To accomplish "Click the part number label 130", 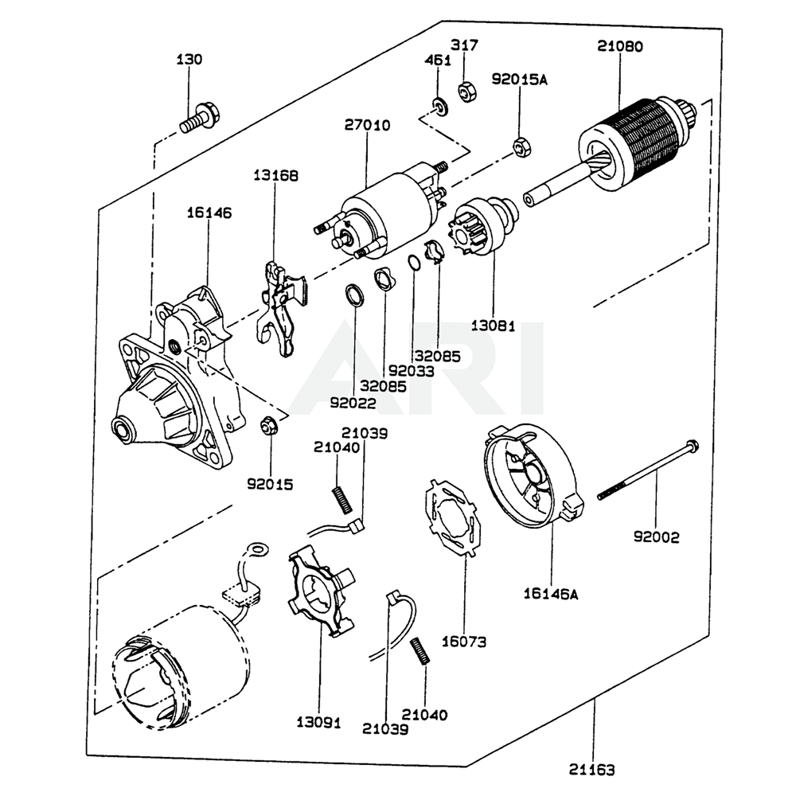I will pyautogui.click(x=189, y=60).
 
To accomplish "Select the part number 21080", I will pyautogui.click(x=620, y=47).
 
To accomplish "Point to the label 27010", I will pyautogui.click(x=367, y=125).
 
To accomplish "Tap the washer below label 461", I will pyautogui.click(x=438, y=105).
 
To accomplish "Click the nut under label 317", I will pyautogui.click(x=466, y=92).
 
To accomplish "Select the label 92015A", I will pyautogui.click(x=519, y=79).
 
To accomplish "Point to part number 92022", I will pyautogui.click(x=353, y=403).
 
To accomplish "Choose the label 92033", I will pyautogui.click(x=412, y=371).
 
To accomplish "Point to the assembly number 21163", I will pyautogui.click(x=591, y=770).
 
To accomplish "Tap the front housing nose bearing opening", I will pyautogui.click(x=124, y=430).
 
